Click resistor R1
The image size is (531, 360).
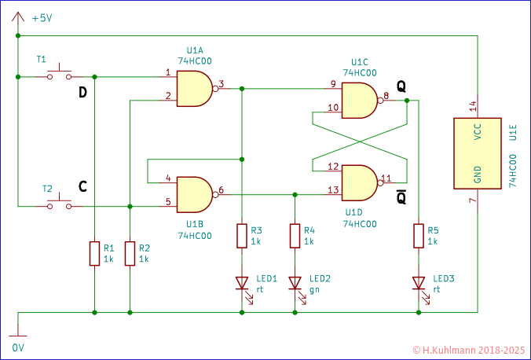94,253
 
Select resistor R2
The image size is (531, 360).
130,253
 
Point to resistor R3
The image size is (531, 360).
242,235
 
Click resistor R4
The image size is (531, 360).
295,235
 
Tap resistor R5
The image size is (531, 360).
419,235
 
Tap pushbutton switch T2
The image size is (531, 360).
59,204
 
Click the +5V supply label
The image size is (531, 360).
42,17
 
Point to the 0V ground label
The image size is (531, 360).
18,346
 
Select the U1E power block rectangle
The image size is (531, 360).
477,153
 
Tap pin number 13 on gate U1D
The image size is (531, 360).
333,189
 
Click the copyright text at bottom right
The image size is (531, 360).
468,349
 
